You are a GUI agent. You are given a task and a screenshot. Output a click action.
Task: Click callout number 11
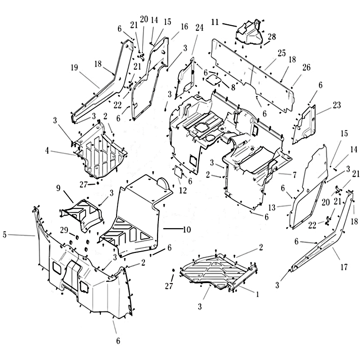coord(215,22)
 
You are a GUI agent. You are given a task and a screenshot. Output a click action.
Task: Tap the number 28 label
coord(271,36)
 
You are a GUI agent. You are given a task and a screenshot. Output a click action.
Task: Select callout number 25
coord(282,54)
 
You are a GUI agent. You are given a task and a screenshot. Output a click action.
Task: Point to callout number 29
coord(64,230)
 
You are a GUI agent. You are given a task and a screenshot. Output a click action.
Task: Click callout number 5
coord(4,234)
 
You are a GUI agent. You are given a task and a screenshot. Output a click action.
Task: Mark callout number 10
coord(186,229)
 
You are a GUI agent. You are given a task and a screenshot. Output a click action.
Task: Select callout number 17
coord(344,267)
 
